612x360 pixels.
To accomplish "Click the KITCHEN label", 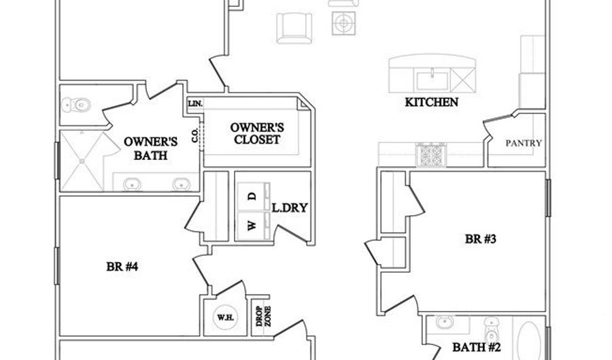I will pyautogui.click(x=431, y=103).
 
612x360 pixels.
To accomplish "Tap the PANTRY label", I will pyautogui.click(x=523, y=144).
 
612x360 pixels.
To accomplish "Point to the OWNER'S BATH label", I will pyautogui.click(x=150, y=148).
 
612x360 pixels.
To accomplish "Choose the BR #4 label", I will pyautogui.click(x=123, y=267).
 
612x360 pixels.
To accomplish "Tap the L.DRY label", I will pyautogui.click(x=289, y=207).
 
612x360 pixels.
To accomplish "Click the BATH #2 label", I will pyautogui.click(x=476, y=348).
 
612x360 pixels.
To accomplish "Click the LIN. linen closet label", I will pyautogui.click(x=196, y=103).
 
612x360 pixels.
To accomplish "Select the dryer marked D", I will pyautogui.click(x=251, y=197).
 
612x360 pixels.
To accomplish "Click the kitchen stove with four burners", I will pyautogui.click(x=431, y=155).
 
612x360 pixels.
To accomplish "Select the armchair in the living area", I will pyautogui.click(x=293, y=28).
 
